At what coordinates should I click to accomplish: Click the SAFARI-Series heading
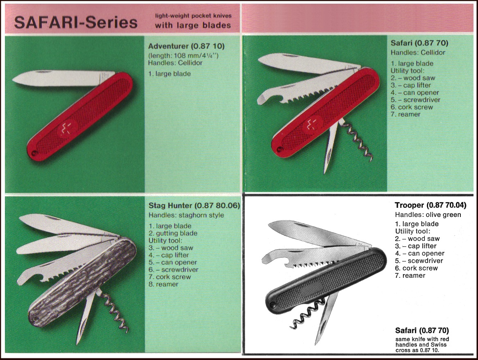76,22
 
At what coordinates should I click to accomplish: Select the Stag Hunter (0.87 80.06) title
194,206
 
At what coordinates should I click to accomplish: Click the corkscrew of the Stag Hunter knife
115,313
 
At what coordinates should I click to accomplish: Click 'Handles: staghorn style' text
186,215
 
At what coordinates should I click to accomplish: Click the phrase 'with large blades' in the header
193,25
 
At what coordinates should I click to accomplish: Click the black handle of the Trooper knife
327,282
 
